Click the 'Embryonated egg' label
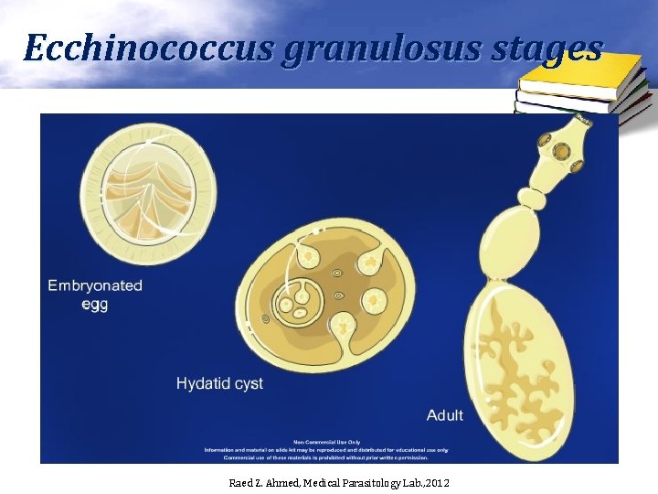coord(95,295)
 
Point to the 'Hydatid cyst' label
coord(219,383)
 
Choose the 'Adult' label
coord(444,415)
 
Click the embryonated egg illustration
coord(148,188)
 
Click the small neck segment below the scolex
coord(533,197)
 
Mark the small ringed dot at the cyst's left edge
coord(265,319)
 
